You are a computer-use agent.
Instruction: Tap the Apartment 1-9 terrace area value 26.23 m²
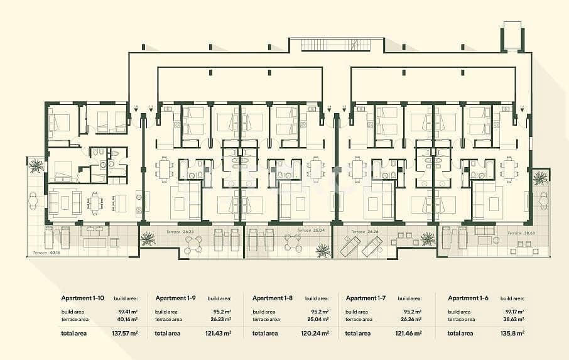click(x=220, y=319)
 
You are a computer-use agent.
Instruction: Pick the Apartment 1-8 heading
click(x=273, y=298)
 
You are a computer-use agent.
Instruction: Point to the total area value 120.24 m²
click(x=316, y=333)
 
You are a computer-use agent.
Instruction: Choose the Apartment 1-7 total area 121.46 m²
click(x=410, y=333)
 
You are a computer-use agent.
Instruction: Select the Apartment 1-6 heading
click(x=468, y=298)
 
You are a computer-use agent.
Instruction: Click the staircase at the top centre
click(x=335, y=45)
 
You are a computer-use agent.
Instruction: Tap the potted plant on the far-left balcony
click(x=36, y=165)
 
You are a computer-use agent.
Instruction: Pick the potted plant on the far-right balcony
click(x=540, y=178)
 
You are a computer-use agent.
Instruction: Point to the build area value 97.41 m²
click(x=127, y=311)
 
